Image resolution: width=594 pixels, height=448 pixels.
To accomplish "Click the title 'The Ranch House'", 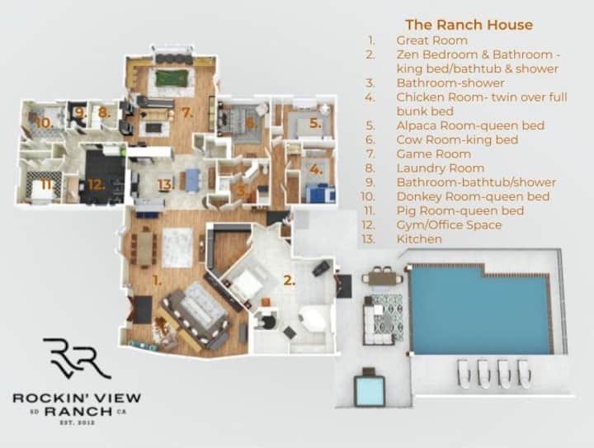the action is [469, 25].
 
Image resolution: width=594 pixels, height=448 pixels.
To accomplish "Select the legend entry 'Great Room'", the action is [431, 40].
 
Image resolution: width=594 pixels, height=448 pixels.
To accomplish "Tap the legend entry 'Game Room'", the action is [434, 153].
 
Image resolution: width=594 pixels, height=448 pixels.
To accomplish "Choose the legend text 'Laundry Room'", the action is [441, 167].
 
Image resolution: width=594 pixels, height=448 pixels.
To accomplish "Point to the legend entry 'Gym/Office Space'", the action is [449, 224].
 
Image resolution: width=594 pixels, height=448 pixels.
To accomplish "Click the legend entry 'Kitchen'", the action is [419, 239].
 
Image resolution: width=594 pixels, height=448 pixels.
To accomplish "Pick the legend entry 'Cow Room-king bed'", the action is [457, 139].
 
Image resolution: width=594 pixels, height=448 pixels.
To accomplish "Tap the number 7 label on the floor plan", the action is [186, 112].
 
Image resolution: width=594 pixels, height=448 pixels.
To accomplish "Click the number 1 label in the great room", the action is [157, 281].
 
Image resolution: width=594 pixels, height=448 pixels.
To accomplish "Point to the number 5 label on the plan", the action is [315, 123].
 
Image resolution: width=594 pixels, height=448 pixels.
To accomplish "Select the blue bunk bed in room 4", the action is [320, 192].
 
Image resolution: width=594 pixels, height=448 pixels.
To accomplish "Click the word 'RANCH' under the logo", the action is [78, 411].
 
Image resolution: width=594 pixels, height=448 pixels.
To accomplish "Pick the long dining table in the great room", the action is [144, 248].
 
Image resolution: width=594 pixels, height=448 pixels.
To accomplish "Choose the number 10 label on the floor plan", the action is [45, 123].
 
